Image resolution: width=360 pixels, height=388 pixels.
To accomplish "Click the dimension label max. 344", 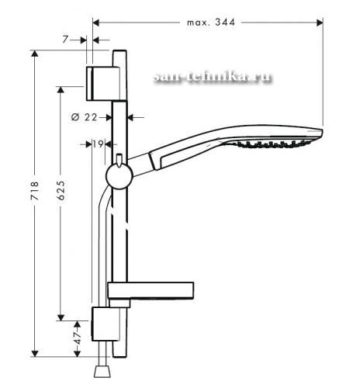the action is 211,23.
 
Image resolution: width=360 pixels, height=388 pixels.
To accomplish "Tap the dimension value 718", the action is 35,191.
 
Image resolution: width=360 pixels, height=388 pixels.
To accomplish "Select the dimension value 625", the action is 61,190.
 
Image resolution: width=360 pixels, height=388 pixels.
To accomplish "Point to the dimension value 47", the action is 78,338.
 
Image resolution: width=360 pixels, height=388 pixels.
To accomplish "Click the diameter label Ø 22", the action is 84,117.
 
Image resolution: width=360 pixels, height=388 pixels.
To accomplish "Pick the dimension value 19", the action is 98,144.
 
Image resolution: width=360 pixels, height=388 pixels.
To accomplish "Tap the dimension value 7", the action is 65,40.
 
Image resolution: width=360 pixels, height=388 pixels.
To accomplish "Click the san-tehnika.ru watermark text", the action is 213,77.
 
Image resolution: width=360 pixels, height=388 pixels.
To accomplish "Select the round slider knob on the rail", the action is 119,176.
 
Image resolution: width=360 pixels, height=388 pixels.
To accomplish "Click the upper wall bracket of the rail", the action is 103,84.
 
